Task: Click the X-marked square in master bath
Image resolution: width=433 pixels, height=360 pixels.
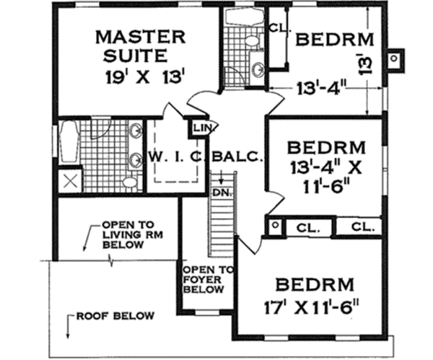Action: (69, 180)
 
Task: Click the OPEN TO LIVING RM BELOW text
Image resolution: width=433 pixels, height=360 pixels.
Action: (131, 234)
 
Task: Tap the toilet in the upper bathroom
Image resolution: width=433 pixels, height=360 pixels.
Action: (250, 41)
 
